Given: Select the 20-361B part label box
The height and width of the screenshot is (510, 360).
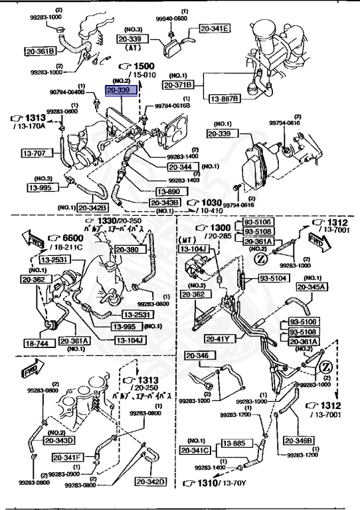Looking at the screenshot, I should (x=40, y=50).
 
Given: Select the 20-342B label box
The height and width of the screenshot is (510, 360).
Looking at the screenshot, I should (x=92, y=208).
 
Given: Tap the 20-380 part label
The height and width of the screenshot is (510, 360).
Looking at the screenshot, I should (x=128, y=250).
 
